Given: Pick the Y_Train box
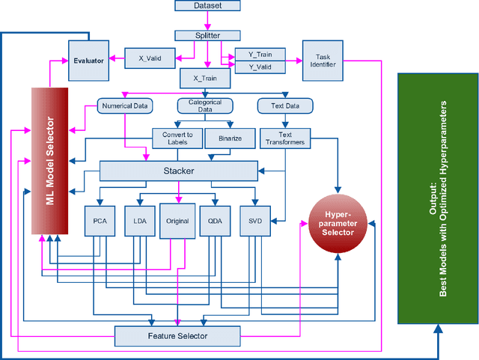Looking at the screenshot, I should coord(260,54).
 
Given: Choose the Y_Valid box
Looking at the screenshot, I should coord(260,67).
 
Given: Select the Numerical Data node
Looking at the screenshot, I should coord(125,106).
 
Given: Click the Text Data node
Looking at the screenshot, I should coord(282,106).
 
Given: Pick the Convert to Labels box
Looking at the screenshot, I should coord(177,138).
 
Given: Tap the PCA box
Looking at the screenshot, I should coord(100,222).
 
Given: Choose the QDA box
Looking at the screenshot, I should coord(217,222).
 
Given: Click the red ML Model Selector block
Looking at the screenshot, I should coord(50,160).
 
